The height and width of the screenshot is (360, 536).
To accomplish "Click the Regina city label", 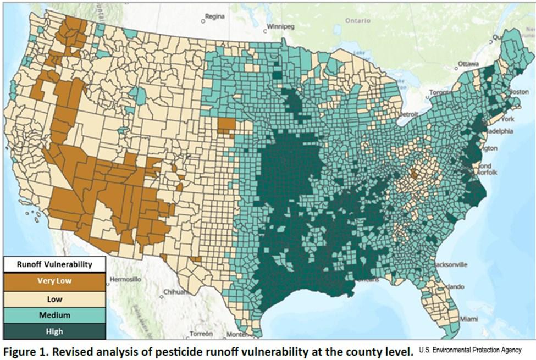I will pyautogui.click(x=215, y=16).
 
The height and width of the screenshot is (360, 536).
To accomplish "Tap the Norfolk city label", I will pyautogui.click(x=487, y=173).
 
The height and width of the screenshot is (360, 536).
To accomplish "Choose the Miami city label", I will pyautogui.click(x=469, y=319).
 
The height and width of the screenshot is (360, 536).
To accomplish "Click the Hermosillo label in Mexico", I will pyautogui.click(x=125, y=279).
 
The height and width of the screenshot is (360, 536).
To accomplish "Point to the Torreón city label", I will pyautogui.click(x=201, y=334).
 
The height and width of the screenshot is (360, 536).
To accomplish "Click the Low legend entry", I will pyautogui.click(x=54, y=299).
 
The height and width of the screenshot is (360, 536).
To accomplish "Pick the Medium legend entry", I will pyautogui.click(x=54, y=315).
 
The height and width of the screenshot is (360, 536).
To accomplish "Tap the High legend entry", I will pyautogui.click(x=54, y=331).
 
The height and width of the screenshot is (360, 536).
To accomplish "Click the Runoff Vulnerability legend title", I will pyautogui.click(x=54, y=264).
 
